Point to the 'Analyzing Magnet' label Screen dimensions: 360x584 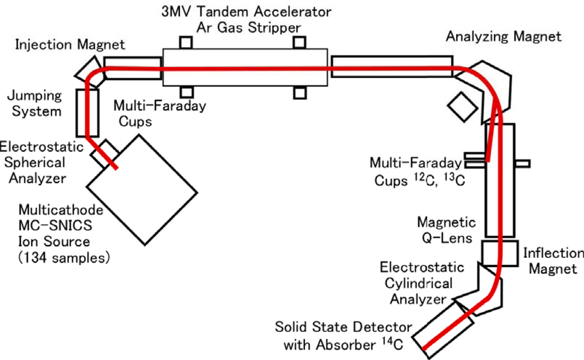(503, 36)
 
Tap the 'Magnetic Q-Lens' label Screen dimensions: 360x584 (446, 230)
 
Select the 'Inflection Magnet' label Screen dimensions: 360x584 (551, 262)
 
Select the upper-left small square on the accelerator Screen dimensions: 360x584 (186, 42)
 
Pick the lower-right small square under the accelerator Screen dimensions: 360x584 (300, 92)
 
